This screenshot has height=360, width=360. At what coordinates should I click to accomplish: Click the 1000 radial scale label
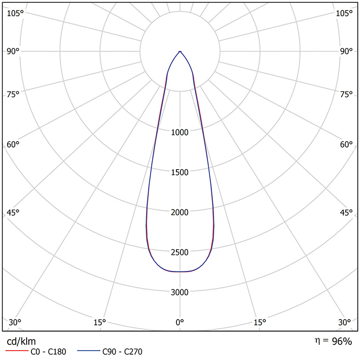[x=180, y=132]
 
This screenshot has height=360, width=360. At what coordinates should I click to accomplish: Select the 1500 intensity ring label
[x=180, y=172]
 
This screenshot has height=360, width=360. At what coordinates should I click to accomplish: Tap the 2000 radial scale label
[x=180, y=212]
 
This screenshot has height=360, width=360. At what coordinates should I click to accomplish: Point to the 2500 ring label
[x=180, y=252]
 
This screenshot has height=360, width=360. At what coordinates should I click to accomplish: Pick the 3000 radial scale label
[x=180, y=292]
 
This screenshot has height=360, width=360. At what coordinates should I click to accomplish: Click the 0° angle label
[x=180, y=322]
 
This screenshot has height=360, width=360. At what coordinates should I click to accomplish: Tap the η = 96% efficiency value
[x=333, y=341]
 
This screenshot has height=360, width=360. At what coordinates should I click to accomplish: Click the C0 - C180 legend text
[x=49, y=352]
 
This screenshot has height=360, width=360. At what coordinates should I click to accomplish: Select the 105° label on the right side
[x=344, y=13]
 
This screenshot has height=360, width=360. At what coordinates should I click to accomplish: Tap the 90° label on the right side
[x=346, y=51]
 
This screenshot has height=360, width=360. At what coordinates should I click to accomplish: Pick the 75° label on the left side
[x=13, y=94]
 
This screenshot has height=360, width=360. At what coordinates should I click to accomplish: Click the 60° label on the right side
[x=346, y=144]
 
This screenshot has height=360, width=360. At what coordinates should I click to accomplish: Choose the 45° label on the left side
[x=13, y=213]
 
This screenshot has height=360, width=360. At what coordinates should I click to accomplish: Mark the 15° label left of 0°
[x=99, y=322]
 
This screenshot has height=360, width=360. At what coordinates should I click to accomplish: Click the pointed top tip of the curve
[x=180, y=51]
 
